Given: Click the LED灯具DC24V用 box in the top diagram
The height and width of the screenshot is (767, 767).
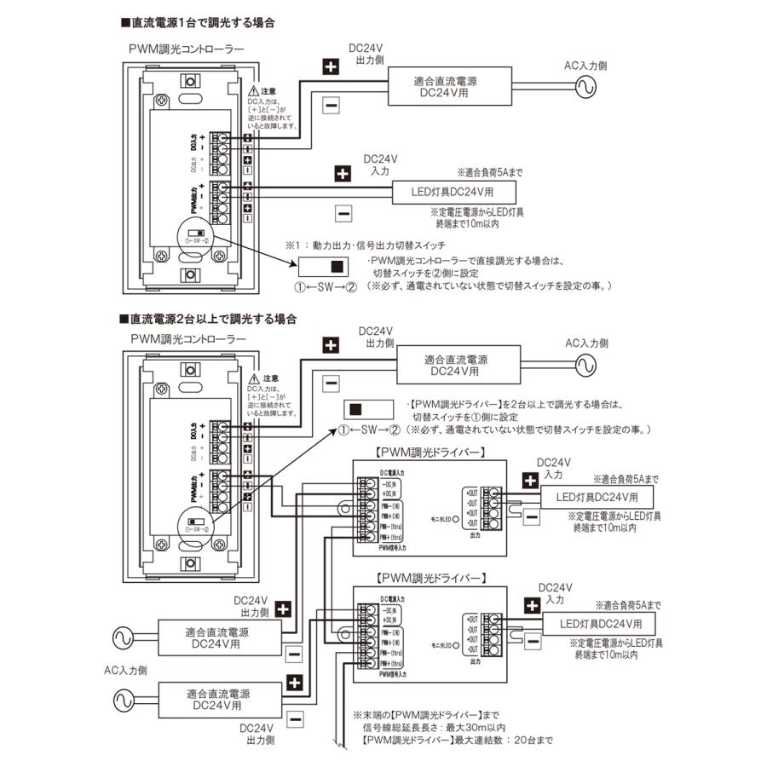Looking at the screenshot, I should coord(458,191).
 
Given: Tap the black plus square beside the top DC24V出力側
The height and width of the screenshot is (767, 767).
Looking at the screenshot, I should coord(332,66).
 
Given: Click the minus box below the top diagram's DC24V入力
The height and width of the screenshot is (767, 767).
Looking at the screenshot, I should coord(343,212).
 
